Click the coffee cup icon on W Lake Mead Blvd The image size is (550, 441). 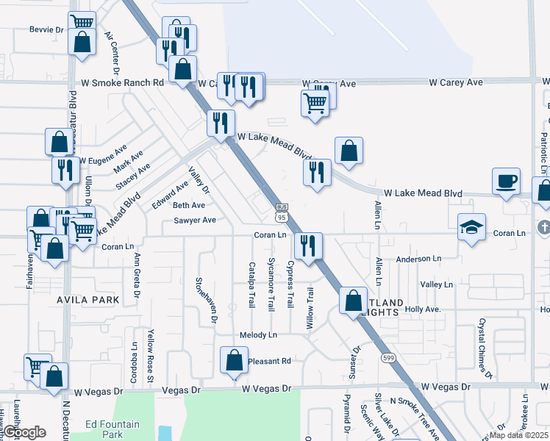point(507,182)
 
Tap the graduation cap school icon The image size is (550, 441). point(471,226)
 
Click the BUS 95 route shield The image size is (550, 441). point(282,212)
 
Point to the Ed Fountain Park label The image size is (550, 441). point(112,429)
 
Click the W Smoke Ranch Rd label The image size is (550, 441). point(122,83)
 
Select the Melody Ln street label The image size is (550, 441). point(258,335)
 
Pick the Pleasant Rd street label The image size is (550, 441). point(270,361)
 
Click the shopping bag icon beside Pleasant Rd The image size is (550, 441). point(234,361)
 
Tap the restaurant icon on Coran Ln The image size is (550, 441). point(307,245)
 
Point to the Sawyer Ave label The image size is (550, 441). point(195,220)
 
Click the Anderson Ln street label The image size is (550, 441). point(418,259)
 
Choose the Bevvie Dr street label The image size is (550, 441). point(47,29)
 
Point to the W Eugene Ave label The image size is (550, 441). point(103,159)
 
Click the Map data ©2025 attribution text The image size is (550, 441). point(519,435)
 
